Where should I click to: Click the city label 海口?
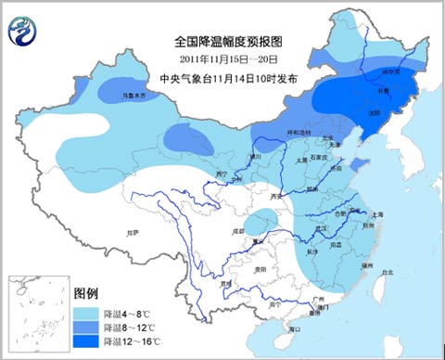pos(295,328)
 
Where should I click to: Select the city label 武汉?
pos(323,227)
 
